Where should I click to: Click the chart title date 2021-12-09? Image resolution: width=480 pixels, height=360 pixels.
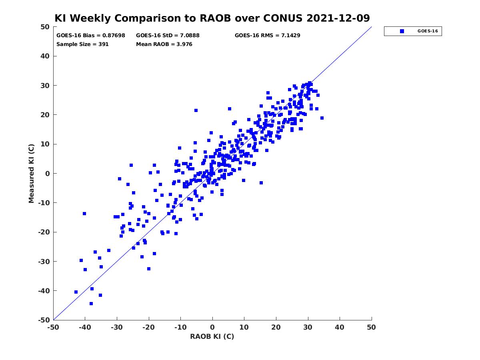click(338, 18)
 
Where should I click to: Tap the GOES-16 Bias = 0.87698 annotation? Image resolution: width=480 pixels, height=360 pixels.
click(90, 36)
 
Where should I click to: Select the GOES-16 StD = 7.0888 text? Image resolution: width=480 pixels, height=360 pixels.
click(168, 36)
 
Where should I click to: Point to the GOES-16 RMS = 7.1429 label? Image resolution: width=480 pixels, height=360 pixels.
click(267, 36)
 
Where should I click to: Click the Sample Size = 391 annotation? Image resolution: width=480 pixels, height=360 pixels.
click(82, 44)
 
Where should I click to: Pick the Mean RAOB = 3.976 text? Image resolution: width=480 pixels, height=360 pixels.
click(164, 44)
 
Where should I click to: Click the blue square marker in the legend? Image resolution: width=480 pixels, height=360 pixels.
click(402, 31)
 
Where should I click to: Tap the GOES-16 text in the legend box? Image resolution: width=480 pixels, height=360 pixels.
click(428, 31)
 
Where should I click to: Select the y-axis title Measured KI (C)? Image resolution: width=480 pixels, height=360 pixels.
click(31, 173)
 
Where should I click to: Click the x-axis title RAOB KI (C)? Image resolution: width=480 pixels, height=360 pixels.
click(212, 336)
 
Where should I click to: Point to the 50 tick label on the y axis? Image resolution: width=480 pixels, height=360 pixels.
click(45, 27)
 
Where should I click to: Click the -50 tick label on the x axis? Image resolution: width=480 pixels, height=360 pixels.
click(53, 327)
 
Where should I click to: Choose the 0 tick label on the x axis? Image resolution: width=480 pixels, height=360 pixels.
click(212, 327)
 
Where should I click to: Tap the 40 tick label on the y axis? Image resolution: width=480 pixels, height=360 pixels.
click(45, 56)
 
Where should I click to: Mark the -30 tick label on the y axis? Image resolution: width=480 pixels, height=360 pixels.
click(44, 262)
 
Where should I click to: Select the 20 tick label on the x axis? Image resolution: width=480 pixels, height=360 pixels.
click(276, 327)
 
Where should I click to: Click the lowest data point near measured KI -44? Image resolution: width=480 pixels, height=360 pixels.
click(91, 304)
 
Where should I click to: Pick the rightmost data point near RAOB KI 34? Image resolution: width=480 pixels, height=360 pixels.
click(322, 118)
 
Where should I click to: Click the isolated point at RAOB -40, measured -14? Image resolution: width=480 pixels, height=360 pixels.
click(84, 214)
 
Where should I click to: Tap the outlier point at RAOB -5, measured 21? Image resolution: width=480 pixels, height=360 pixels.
click(196, 110)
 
